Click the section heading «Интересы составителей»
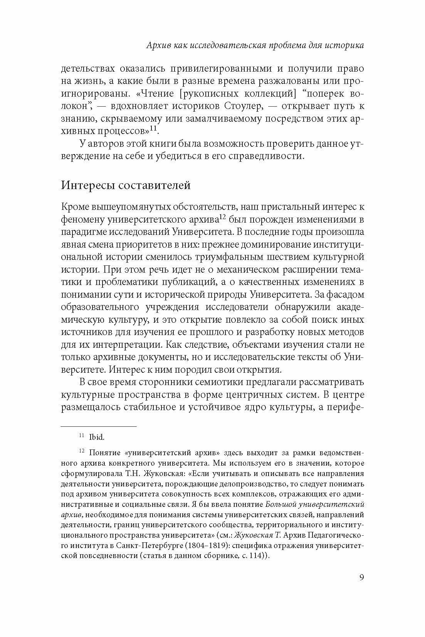(126, 185)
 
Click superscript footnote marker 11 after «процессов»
(154, 129)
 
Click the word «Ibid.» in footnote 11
(97, 437)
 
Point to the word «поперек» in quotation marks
(319, 94)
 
